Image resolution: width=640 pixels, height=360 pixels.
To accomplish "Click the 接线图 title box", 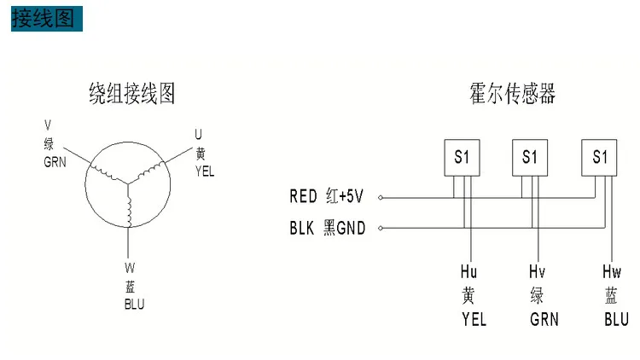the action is point(47,19).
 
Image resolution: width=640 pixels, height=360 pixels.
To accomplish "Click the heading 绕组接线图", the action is point(131,93).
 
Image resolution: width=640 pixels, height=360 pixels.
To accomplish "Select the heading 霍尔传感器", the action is point(512,93).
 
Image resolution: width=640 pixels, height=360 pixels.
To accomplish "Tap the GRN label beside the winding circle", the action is point(55,162).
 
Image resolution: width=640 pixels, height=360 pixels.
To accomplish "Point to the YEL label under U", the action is point(205,171).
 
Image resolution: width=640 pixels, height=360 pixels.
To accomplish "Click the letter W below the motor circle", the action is point(130,268).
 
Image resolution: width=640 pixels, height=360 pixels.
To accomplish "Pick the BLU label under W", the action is point(134,304).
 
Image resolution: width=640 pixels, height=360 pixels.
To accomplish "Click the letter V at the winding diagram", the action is point(48,125).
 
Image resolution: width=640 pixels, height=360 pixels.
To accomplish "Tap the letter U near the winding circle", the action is point(198,134).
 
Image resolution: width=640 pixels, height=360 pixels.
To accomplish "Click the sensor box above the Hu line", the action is point(462,158).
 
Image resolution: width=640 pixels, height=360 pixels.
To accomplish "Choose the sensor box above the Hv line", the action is point(530,158).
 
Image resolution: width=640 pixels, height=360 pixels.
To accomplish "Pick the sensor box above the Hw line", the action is point(599,158).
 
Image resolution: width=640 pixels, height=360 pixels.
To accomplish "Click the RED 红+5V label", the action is point(326,196).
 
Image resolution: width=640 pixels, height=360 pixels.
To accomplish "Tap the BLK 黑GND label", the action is point(328,228).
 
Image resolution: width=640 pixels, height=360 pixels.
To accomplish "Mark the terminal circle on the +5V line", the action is point(381,198).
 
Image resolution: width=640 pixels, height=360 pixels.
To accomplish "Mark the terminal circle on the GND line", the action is point(381,228).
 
